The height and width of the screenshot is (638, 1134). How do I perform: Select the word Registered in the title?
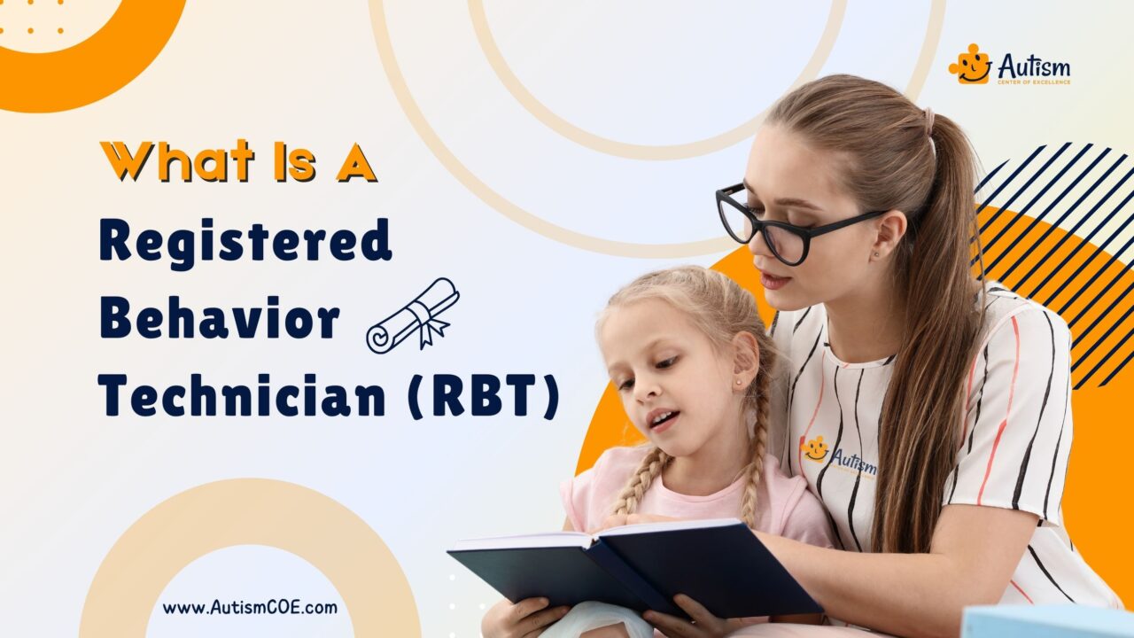245,241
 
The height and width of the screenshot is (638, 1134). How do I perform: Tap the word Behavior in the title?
219,318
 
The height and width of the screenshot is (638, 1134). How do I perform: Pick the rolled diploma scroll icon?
413,315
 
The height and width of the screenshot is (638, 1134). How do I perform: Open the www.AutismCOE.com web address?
250,608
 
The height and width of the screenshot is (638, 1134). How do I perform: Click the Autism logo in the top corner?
1009,66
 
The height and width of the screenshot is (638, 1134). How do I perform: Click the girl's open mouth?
658,418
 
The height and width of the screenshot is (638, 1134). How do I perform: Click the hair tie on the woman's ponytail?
928,119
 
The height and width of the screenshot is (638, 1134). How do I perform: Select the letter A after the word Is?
357,162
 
